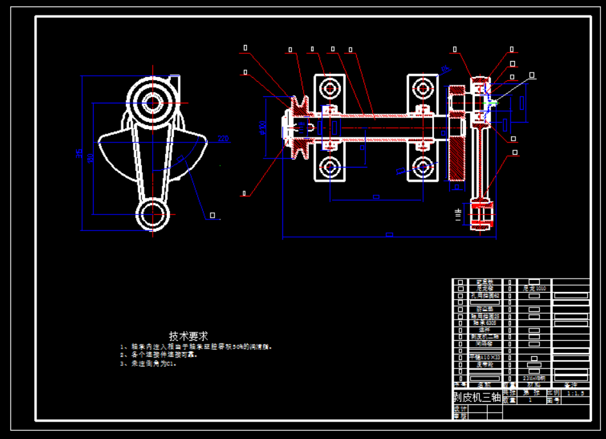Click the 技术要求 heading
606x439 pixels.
click(x=189, y=336)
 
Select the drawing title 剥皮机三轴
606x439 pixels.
click(x=477, y=397)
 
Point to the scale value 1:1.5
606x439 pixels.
click(x=575, y=393)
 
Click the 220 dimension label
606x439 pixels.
click(x=223, y=139)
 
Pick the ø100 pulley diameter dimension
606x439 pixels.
click(x=263, y=128)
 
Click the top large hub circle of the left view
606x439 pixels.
click(x=153, y=101)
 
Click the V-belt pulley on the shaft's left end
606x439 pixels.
click(x=298, y=128)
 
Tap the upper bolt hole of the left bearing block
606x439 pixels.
click(x=330, y=87)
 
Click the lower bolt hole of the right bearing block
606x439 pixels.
click(x=422, y=168)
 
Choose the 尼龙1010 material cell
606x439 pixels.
click(x=534, y=289)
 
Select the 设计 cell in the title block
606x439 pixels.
click(x=460, y=408)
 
